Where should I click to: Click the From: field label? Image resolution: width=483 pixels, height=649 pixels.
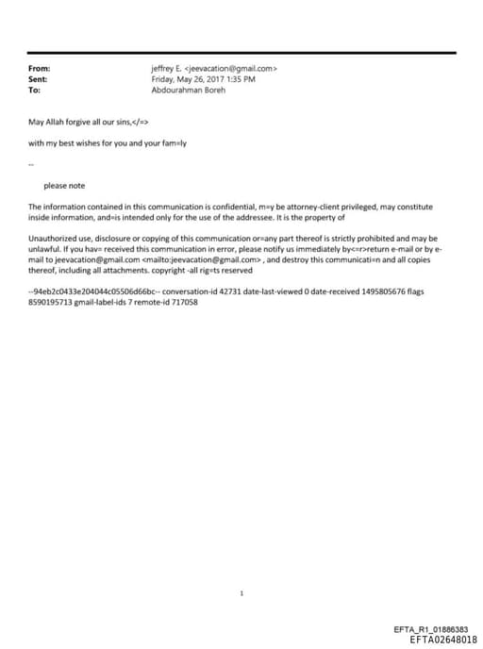40,69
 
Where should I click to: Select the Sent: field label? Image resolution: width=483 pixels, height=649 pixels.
39,79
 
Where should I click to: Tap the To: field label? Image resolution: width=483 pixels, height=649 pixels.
35,91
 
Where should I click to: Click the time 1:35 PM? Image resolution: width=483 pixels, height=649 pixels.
243,79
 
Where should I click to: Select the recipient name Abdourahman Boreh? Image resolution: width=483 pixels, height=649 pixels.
189,91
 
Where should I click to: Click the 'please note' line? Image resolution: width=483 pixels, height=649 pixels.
64,186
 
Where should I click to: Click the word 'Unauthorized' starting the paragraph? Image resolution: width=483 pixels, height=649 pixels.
52,240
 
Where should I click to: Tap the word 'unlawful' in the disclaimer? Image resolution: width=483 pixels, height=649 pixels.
46,249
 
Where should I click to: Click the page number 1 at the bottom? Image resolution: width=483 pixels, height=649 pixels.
242,593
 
